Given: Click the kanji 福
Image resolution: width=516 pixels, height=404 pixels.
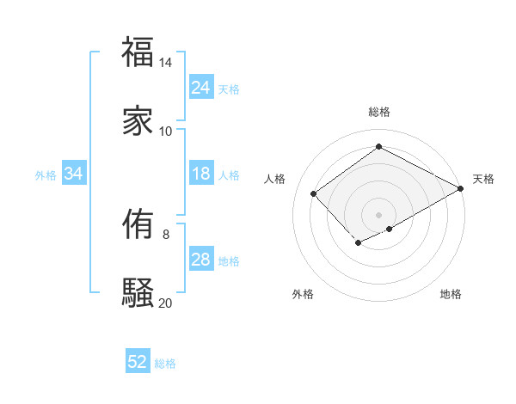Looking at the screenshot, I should pyautogui.click(x=138, y=52).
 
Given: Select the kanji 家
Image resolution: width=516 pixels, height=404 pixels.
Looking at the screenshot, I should pyautogui.click(x=138, y=120).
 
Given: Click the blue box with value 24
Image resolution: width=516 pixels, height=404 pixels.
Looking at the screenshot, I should pyautogui.click(x=200, y=88).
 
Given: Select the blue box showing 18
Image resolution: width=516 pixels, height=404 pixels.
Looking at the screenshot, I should pyautogui.click(x=200, y=174).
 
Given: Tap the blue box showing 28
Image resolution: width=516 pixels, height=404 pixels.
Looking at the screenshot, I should pyautogui.click(x=200, y=260).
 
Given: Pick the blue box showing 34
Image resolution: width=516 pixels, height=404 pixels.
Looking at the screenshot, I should pyautogui.click(x=74, y=174).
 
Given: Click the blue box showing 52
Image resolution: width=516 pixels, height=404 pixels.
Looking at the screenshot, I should pyautogui.click(x=138, y=362).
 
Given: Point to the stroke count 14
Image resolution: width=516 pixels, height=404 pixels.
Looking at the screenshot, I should pyautogui.click(x=165, y=63).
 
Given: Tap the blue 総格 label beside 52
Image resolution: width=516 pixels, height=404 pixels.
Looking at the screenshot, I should pyautogui.click(x=165, y=363).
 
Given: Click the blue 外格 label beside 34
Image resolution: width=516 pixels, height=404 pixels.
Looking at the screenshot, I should pyautogui.click(x=46, y=175).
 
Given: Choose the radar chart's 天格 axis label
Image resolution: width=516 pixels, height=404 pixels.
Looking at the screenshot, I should pyautogui.click(x=483, y=179).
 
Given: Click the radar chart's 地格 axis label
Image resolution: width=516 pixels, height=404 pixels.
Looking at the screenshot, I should pyautogui.click(x=451, y=294).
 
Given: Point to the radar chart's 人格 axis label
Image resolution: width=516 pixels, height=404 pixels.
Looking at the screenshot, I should pyautogui.click(x=274, y=179).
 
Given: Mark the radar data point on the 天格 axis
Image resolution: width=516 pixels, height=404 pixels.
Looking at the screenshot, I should pyautogui.click(x=462, y=187).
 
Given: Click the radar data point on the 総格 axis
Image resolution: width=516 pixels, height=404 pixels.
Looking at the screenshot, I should pyautogui.click(x=378, y=147).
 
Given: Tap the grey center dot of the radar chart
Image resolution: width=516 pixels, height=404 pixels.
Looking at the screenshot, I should pyautogui.click(x=378, y=214).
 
